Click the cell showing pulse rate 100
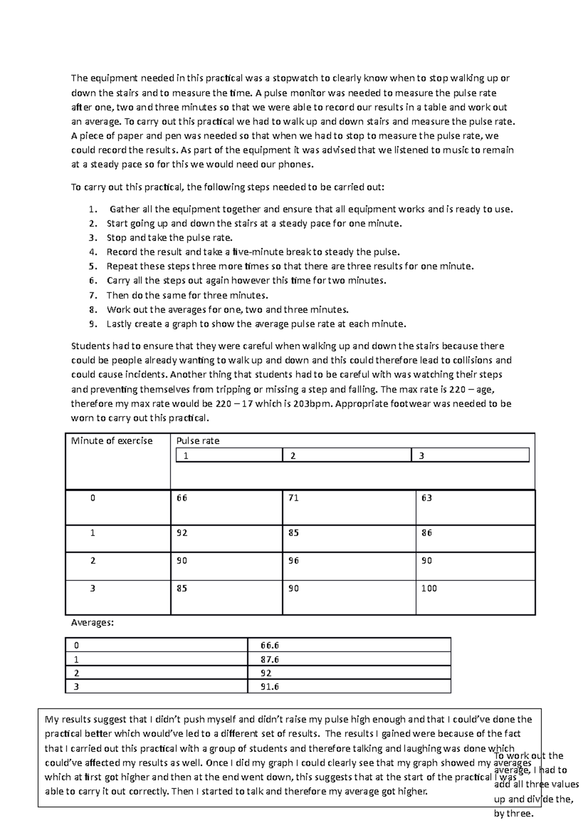coord(429,588)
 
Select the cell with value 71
coord(294,498)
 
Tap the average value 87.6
coord(270,659)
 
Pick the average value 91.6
coord(270,687)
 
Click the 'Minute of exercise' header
coord(112,441)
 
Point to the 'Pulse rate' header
coord(197,441)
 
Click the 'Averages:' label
coord(92,623)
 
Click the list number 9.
coord(93,324)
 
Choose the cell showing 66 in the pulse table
coord(182,498)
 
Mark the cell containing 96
coord(294,561)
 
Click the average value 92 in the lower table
coord(267,673)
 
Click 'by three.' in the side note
coord(513,814)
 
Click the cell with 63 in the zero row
coord(427,498)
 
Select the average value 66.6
coord(270,646)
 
